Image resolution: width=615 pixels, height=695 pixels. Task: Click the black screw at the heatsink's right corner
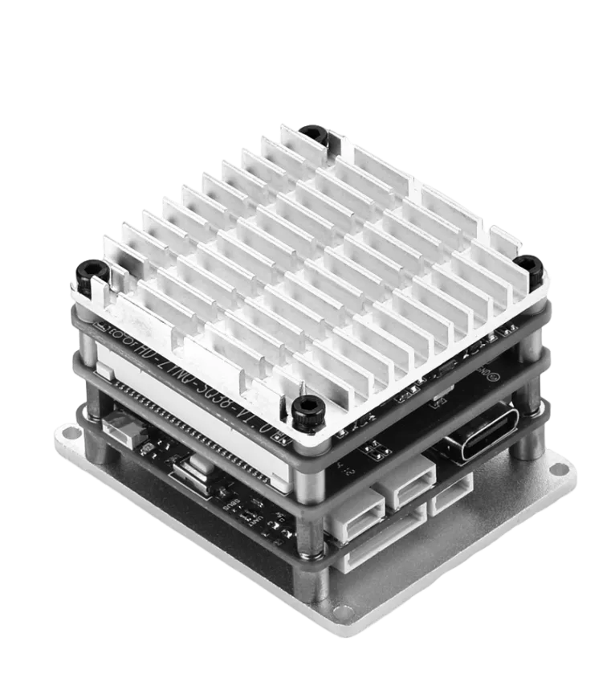(530, 265)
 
